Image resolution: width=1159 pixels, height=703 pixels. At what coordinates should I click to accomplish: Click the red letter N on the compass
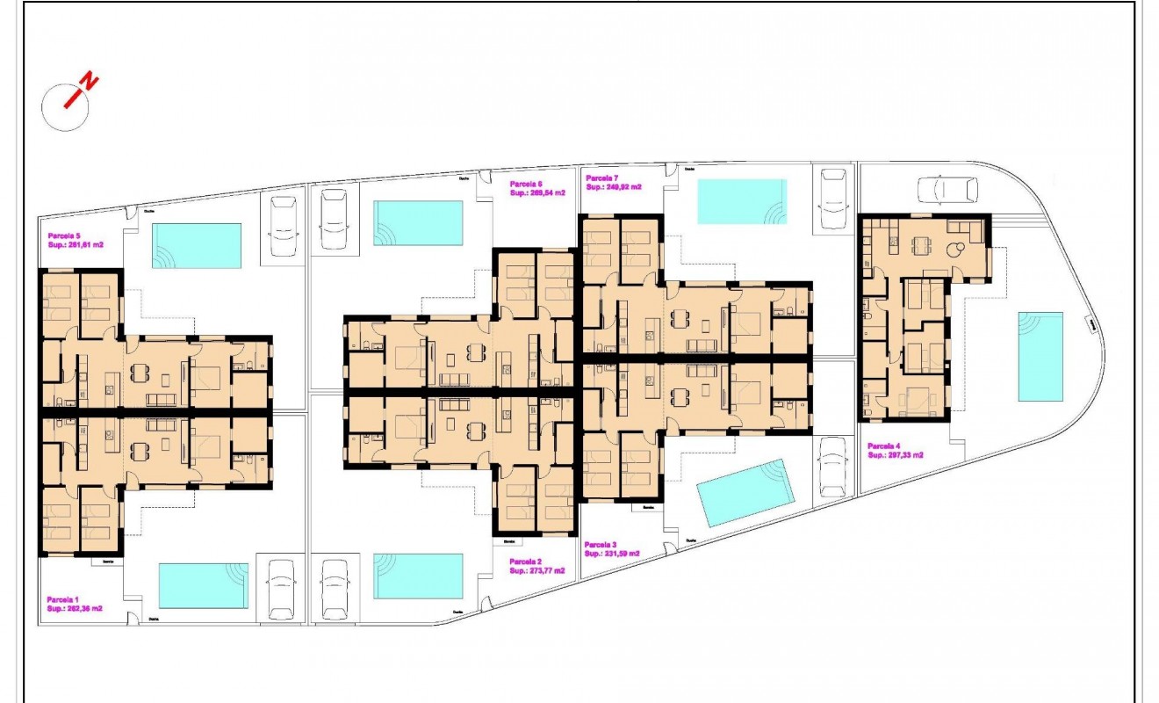(89, 83)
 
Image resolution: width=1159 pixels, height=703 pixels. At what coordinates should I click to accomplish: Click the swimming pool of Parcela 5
(197, 245)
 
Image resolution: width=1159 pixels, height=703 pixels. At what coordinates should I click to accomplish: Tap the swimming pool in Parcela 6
(418, 222)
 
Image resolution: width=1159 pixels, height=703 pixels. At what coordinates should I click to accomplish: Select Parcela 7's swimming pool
(742, 201)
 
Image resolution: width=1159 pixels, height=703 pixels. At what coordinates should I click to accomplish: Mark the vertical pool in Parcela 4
(1040, 356)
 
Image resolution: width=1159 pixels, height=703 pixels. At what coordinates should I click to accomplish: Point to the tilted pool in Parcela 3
(746, 492)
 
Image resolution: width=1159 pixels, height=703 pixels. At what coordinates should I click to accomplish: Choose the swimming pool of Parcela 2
(418, 576)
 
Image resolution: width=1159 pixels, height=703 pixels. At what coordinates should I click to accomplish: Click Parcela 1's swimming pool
(203, 585)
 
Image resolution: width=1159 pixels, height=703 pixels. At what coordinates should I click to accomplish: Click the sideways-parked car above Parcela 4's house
(947, 189)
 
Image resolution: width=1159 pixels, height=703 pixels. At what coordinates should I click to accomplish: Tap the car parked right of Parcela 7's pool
(831, 199)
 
